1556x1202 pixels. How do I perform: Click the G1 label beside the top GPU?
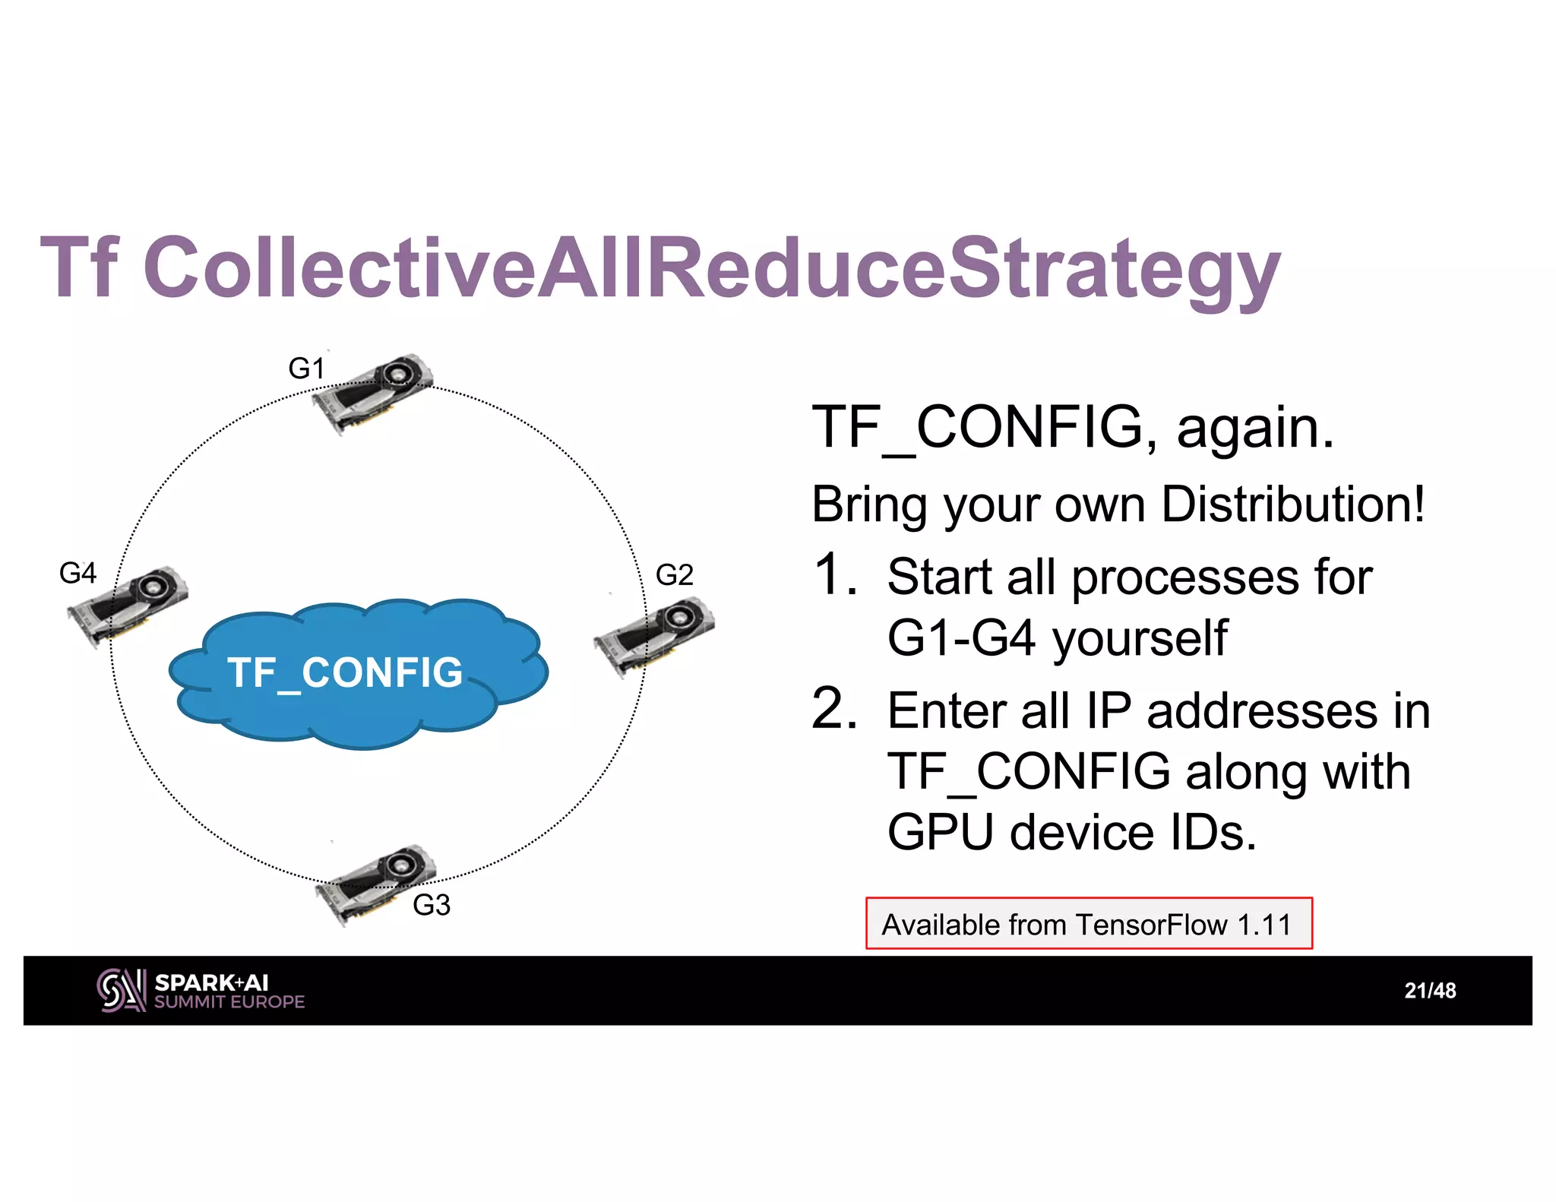(x=306, y=369)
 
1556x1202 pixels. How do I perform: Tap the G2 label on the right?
(x=674, y=574)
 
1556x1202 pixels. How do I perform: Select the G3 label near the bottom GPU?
(x=431, y=905)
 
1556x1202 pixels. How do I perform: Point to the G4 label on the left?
(x=77, y=573)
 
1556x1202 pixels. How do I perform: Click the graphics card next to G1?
(x=374, y=391)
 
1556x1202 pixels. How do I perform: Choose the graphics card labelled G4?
(x=128, y=604)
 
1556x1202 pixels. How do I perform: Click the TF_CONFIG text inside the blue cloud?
(x=345, y=673)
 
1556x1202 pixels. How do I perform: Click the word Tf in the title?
(x=79, y=267)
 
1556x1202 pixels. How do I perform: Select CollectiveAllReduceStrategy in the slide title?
(x=711, y=267)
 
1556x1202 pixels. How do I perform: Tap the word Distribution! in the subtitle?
(x=1292, y=504)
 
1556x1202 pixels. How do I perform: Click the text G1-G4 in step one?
(x=961, y=637)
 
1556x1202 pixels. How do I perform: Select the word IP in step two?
(x=1108, y=711)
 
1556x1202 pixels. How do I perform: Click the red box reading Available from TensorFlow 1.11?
(x=1088, y=924)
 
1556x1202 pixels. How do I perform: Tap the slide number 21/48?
(x=1429, y=991)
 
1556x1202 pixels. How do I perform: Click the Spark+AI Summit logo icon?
(x=120, y=990)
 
